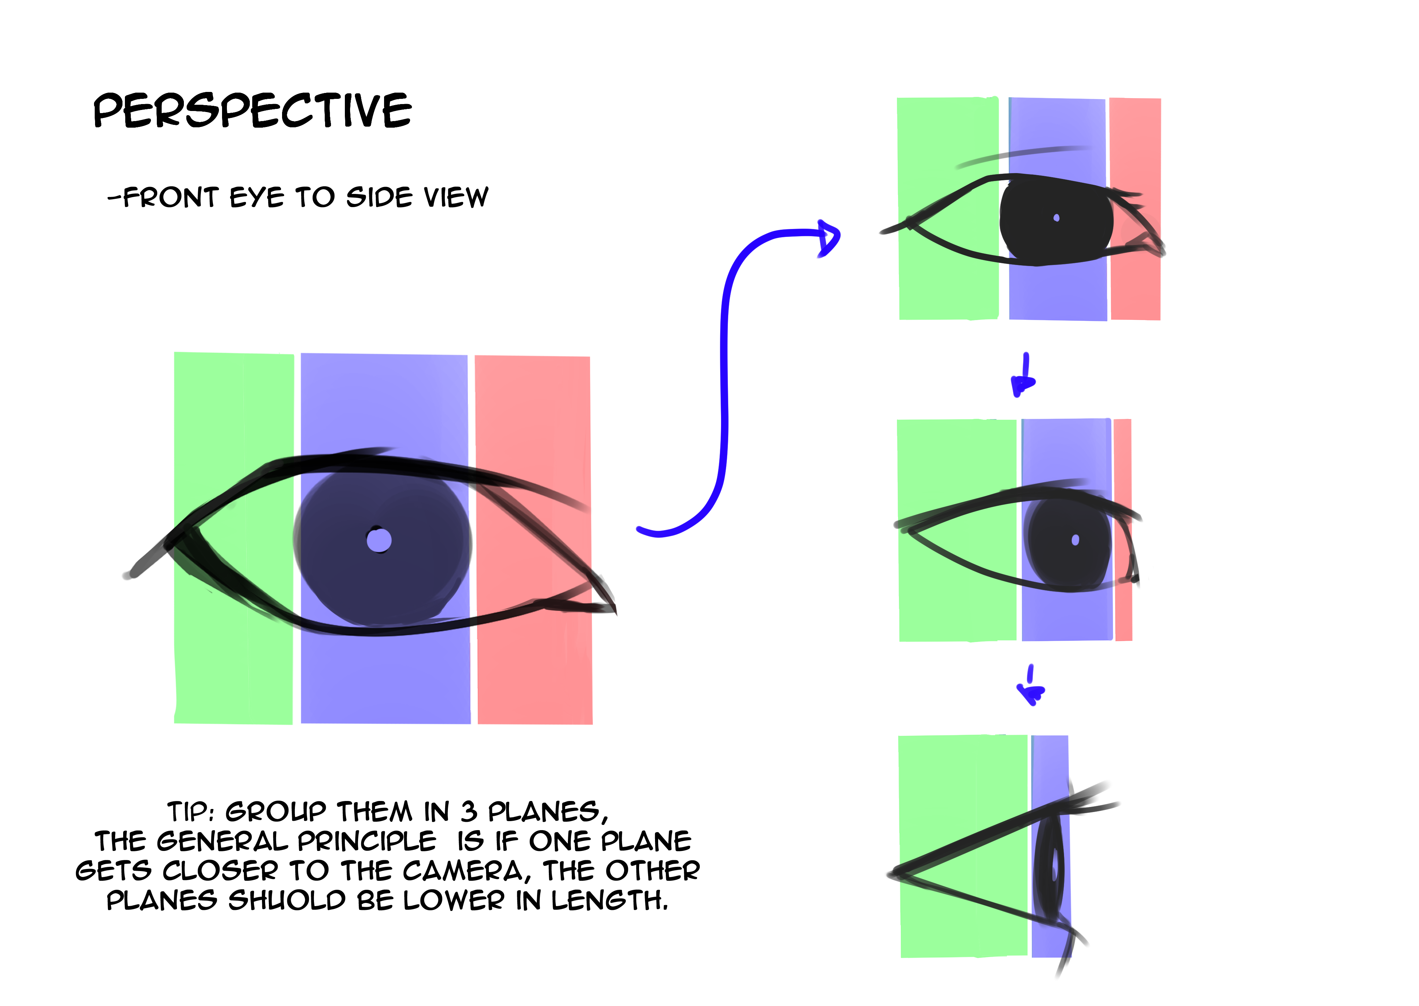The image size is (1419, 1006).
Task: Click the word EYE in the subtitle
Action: [x=256, y=198]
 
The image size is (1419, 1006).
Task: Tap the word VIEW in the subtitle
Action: [x=456, y=198]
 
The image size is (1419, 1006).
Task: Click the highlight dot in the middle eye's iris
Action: [x=1075, y=540]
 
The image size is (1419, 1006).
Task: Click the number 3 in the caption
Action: [x=468, y=811]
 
